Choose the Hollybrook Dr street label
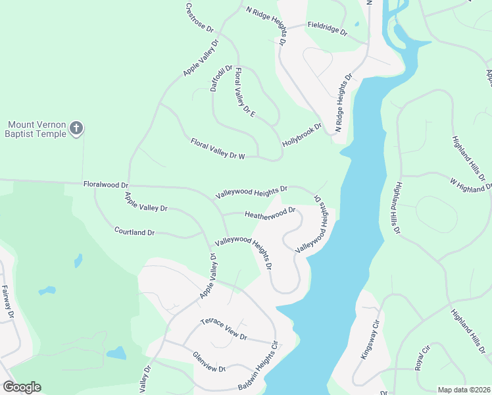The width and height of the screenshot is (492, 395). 302,134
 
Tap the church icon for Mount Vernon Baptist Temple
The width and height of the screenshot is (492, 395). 76,128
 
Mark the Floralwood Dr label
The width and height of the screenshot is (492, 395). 105,186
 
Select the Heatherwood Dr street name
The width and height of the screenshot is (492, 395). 270,215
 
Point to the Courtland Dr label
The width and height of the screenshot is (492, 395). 134,232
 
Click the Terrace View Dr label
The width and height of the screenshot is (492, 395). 224,328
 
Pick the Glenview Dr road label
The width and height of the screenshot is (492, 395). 209,361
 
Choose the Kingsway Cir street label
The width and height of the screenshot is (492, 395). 371,340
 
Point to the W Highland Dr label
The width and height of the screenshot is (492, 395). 470,184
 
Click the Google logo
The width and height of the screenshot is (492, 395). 21,386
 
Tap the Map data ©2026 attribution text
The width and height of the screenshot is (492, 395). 463,390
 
